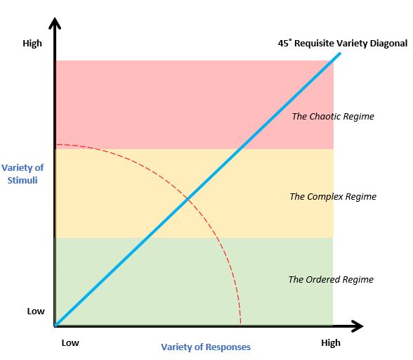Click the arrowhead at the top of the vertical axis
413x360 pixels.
coord(55,22)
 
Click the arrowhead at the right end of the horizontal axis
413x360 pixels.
coord(358,326)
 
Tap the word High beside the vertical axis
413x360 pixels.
coord(32,44)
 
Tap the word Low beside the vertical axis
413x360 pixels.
coord(36,311)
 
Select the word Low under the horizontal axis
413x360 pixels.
coord(70,343)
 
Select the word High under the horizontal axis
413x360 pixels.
coord(331,343)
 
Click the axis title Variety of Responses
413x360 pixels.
coord(206,347)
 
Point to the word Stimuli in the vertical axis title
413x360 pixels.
coord(22,181)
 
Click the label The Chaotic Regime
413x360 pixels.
coord(333,116)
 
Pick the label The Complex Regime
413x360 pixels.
coord(333,196)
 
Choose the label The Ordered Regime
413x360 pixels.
coord(331,279)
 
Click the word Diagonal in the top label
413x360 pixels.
coord(389,44)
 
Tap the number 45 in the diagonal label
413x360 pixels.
coord(283,44)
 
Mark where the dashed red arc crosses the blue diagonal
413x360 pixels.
coord(188,198)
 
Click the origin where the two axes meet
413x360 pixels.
coord(55,326)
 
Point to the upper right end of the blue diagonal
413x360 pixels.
coord(340,53)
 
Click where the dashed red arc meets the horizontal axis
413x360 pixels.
coord(241,325)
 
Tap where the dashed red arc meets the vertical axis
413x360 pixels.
coord(57,145)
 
